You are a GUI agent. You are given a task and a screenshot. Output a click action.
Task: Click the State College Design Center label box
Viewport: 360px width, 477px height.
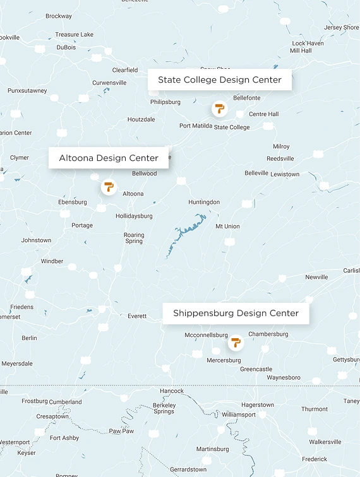(x=219, y=80)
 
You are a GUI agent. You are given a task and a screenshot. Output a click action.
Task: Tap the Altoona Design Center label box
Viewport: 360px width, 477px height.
(x=109, y=158)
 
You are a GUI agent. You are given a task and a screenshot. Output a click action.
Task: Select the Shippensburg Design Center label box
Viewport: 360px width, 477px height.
(x=236, y=313)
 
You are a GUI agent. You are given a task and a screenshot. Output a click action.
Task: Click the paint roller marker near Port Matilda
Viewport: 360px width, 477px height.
(x=219, y=109)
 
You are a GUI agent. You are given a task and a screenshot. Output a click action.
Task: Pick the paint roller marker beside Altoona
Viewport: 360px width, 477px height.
(x=109, y=187)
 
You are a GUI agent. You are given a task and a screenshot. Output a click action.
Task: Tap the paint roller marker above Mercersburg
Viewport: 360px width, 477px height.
(x=236, y=343)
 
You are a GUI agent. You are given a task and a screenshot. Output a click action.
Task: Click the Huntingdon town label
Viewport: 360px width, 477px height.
(x=204, y=202)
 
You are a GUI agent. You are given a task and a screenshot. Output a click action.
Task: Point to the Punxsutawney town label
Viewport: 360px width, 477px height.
(x=27, y=91)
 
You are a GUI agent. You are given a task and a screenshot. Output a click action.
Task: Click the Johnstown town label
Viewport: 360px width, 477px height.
(x=36, y=240)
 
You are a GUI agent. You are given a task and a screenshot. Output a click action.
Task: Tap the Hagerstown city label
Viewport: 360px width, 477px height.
(x=258, y=404)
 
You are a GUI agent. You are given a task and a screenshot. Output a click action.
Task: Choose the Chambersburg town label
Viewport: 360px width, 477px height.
(x=268, y=334)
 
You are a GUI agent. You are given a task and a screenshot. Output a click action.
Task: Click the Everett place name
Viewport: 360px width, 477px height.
(x=137, y=316)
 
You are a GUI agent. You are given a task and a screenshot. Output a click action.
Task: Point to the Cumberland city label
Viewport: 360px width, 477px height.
(x=66, y=401)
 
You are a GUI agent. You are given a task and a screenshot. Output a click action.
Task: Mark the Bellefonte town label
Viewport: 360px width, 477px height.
(x=247, y=98)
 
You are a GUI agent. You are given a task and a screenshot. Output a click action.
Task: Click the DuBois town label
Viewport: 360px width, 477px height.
(x=66, y=47)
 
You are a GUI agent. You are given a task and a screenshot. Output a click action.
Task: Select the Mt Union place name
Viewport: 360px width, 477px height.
(x=227, y=226)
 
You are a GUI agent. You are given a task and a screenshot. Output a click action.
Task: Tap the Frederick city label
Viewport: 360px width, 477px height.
(x=315, y=459)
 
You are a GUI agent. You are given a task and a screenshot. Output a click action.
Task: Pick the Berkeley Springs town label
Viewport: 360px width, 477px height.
(x=164, y=408)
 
